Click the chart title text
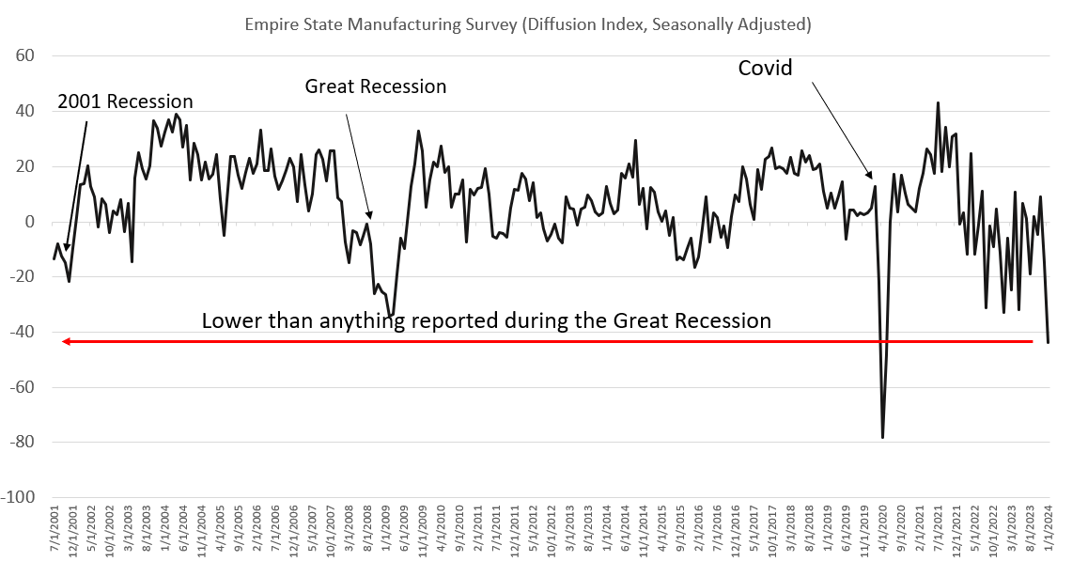528,23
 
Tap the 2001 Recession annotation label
125,101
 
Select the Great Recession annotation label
375,86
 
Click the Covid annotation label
765,68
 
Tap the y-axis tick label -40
22,332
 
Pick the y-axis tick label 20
25,166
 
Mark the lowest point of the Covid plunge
882,437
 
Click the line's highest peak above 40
938,102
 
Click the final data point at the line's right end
1049,342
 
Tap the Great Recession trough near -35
390,316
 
